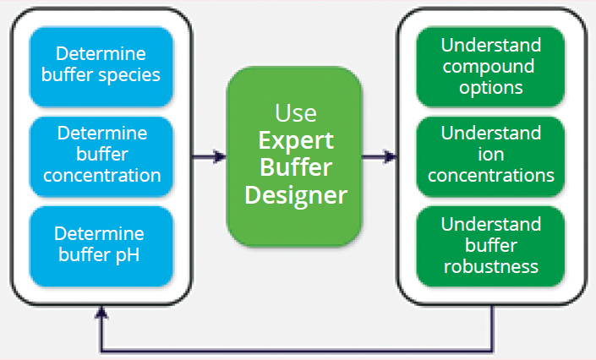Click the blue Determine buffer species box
[x=101, y=65]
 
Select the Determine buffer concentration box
[x=101, y=155]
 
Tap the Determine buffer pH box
[x=101, y=243]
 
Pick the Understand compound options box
[x=491, y=66]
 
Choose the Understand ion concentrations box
[x=491, y=155]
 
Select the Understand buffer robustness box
[x=491, y=245]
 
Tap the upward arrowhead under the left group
[x=101, y=312]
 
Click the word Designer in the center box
[x=294, y=196]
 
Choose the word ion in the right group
[x=491, y=155]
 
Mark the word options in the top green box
[x=491, y=87]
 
